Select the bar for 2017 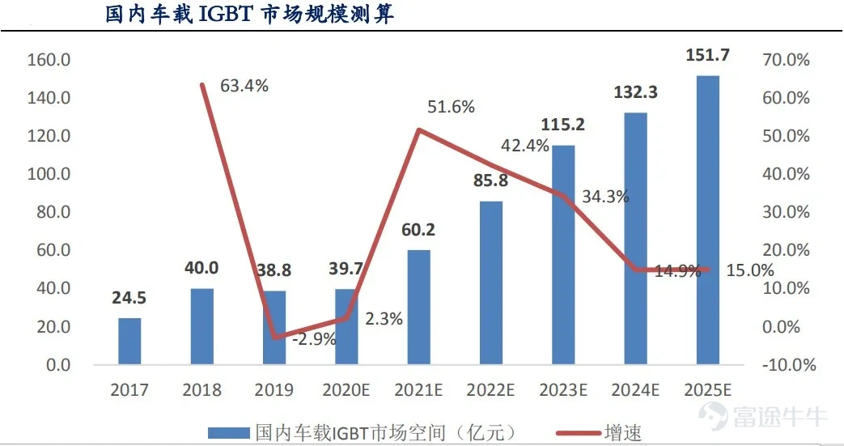129,341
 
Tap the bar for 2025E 707,220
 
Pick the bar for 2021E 418,308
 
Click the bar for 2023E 563,255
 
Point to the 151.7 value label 707,56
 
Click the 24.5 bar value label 129,299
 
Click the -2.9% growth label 314,339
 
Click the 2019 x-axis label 274,391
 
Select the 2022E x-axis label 490,391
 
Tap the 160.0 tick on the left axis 49,60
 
